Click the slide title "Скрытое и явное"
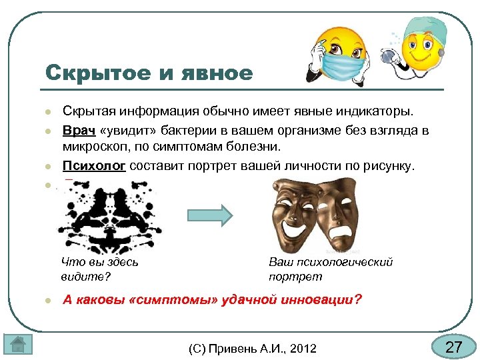tap(149, 72)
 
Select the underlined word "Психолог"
tap(94, 166)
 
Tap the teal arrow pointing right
tap(209, 215)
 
